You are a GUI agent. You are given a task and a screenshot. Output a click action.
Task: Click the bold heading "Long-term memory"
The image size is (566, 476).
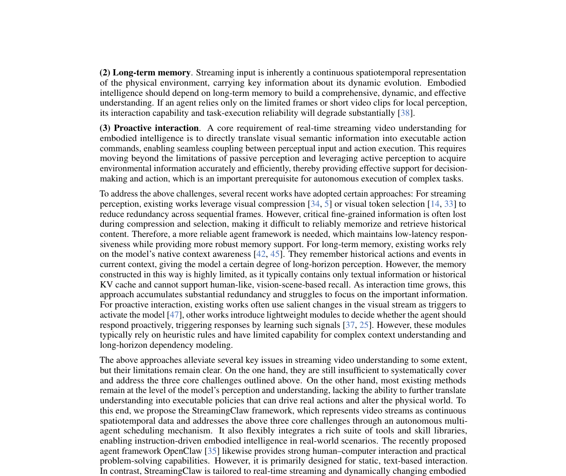pos(151,73)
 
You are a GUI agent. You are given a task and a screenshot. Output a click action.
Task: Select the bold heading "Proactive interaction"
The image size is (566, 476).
pos(156,128)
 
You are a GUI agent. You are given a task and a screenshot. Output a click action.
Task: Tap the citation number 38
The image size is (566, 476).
pos(405,113)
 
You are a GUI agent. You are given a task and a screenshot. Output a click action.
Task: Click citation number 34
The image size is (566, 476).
pos(315,204)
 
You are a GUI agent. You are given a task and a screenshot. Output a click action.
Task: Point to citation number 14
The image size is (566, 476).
pos(435,204)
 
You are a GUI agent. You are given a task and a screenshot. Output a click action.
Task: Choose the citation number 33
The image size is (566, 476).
pos(449,204)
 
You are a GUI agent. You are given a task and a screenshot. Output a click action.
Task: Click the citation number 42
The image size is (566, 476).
pos(261,254)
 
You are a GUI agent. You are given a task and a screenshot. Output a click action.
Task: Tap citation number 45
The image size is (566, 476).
pos(275,254)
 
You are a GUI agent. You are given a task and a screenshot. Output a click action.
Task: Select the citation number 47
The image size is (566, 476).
pos(174,315)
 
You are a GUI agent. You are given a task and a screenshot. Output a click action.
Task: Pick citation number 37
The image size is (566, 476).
pos(350,325)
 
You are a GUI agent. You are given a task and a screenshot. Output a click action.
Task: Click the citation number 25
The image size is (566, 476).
pos(364,325)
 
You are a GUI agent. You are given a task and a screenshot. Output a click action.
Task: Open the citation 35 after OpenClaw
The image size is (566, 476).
pos(212,451)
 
